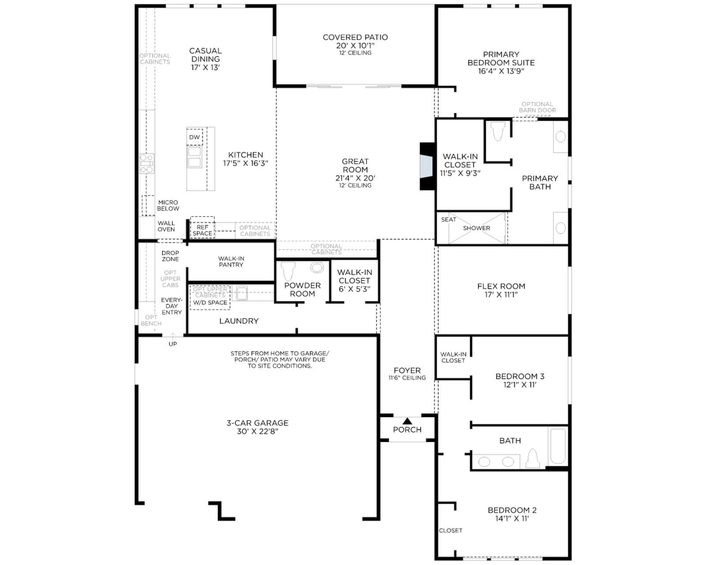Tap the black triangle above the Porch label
click(407, 421)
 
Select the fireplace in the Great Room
click(428, 166)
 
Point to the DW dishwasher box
click(195, 137)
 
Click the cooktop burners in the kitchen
click(146, 163)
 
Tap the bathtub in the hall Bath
click(558, 445)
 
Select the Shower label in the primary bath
click(477, 228)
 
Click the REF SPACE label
click(203, 230)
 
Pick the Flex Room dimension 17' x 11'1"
click(501, 294)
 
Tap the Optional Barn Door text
click(537, 107)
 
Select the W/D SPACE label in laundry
click(210, 303)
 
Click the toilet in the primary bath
click(498, 132)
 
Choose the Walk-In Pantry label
click(231, 262)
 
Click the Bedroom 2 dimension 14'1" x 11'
click(512, 519)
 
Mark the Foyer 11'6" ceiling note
click(407, 378)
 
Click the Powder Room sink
click(317, 267)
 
